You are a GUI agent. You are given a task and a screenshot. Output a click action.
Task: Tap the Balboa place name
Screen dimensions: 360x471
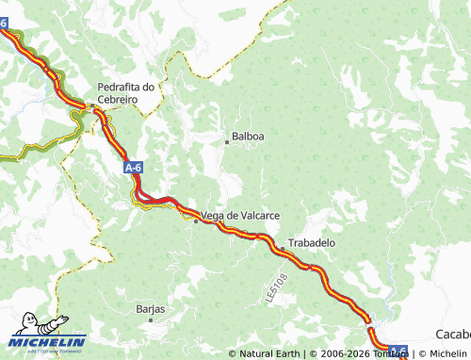click(248, 136)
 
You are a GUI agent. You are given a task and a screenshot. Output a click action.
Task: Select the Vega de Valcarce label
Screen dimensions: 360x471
click(240, 216)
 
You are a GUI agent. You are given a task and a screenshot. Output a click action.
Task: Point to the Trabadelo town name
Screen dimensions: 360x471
click(311, 242)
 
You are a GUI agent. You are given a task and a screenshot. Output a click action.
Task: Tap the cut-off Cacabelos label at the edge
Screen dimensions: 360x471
click(453, 335)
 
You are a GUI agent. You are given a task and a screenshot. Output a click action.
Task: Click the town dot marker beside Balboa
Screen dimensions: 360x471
click(227, 142)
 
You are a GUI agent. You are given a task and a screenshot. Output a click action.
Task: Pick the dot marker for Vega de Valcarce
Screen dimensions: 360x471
click(196, 221)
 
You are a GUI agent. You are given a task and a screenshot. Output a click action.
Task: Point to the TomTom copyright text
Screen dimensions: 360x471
click(359, 353)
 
